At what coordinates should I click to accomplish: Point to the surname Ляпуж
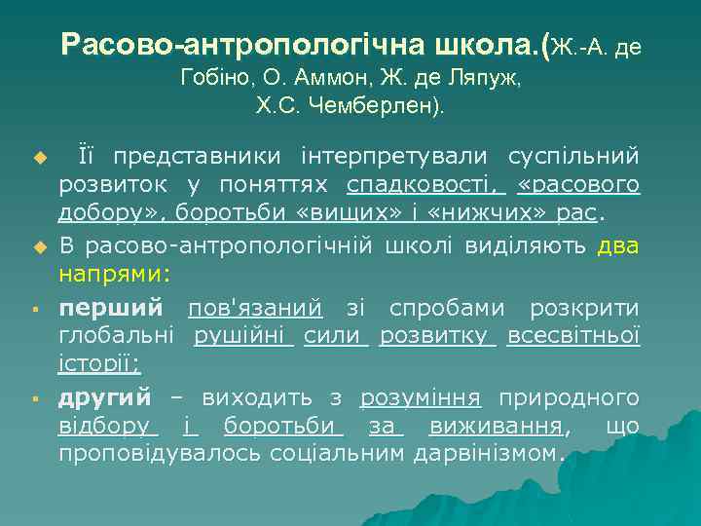click(x=483, y=78)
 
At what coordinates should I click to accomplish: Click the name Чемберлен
click(x=370, y=106)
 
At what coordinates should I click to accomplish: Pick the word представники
click(x=190, y=156)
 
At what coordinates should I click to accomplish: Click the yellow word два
click(x=618, y=245)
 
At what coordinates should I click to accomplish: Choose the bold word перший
click(x=110, y=308)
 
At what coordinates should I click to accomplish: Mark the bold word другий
click(x=105, y=397)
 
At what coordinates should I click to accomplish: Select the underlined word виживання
click(x=507, y=427)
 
